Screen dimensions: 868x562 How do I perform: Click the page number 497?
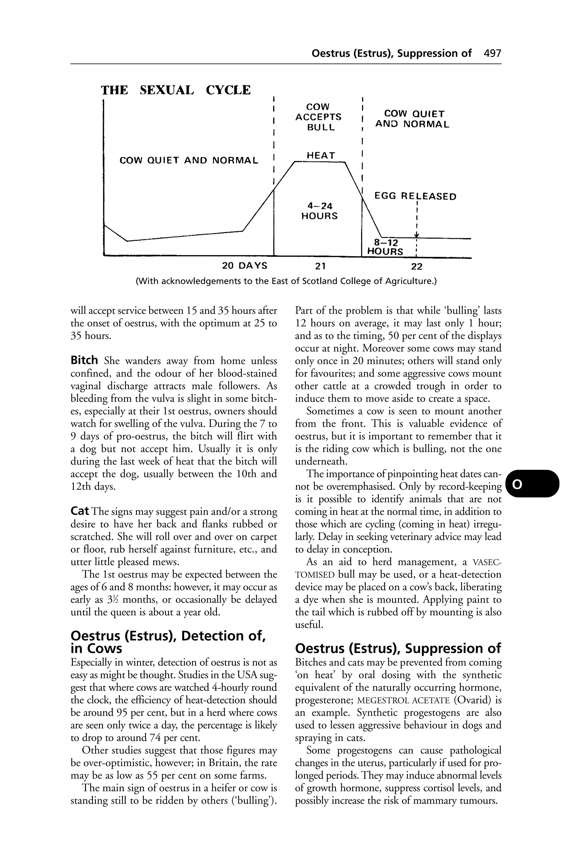coord(492,53)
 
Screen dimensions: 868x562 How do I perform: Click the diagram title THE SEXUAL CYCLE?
coord(176,90)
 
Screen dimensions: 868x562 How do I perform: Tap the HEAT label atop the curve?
coord(321,155)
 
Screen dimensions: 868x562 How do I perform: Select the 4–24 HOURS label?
coord(319,211)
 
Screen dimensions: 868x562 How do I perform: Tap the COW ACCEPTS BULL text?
coord(318,117)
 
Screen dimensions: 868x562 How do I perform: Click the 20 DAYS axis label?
coord(245,265)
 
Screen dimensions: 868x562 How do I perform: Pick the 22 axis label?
coord(416,267)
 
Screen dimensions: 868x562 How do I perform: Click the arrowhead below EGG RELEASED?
coord(416,236)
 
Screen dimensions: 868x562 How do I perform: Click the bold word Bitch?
coord(84,361)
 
